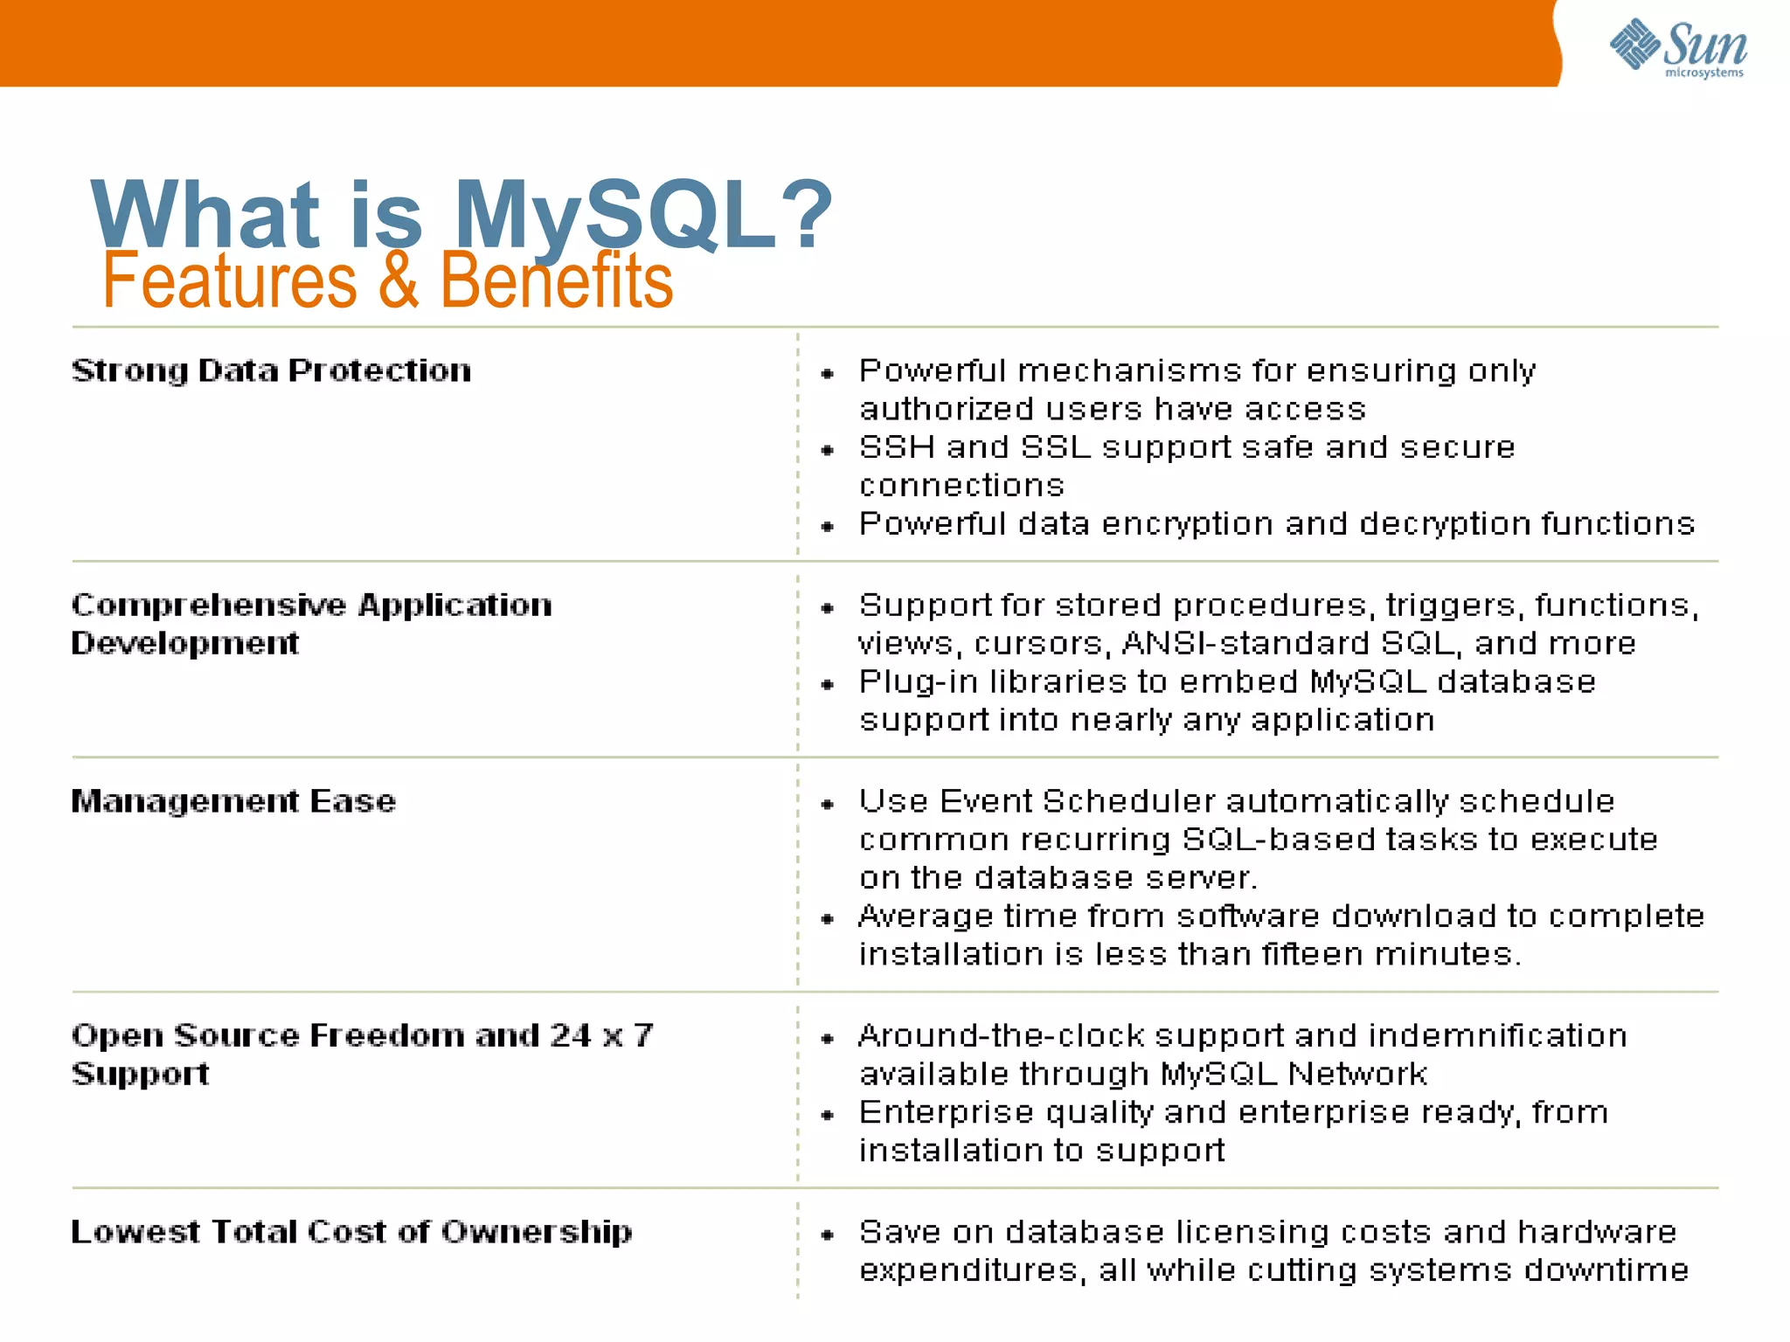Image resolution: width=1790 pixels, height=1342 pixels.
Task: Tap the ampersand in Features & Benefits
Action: pos(399,280)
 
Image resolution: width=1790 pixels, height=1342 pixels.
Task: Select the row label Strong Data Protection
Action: pos(271,370)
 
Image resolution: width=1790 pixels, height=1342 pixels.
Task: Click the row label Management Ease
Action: pos(233,801)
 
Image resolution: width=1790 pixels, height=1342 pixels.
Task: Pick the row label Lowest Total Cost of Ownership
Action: pos(351,1232)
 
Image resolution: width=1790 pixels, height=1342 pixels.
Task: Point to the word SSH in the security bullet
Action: pos(897,447)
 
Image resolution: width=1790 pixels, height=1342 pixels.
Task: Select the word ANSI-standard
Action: pos(1245,644)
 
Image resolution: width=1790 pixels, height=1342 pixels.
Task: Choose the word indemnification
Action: pos(1497,1036)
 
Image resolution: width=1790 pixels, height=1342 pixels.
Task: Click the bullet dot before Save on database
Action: pos(828,1235)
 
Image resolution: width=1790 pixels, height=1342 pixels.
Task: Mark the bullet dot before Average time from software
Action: pos(828,918)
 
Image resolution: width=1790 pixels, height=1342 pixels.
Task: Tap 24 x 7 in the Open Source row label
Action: pos(601,1036)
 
